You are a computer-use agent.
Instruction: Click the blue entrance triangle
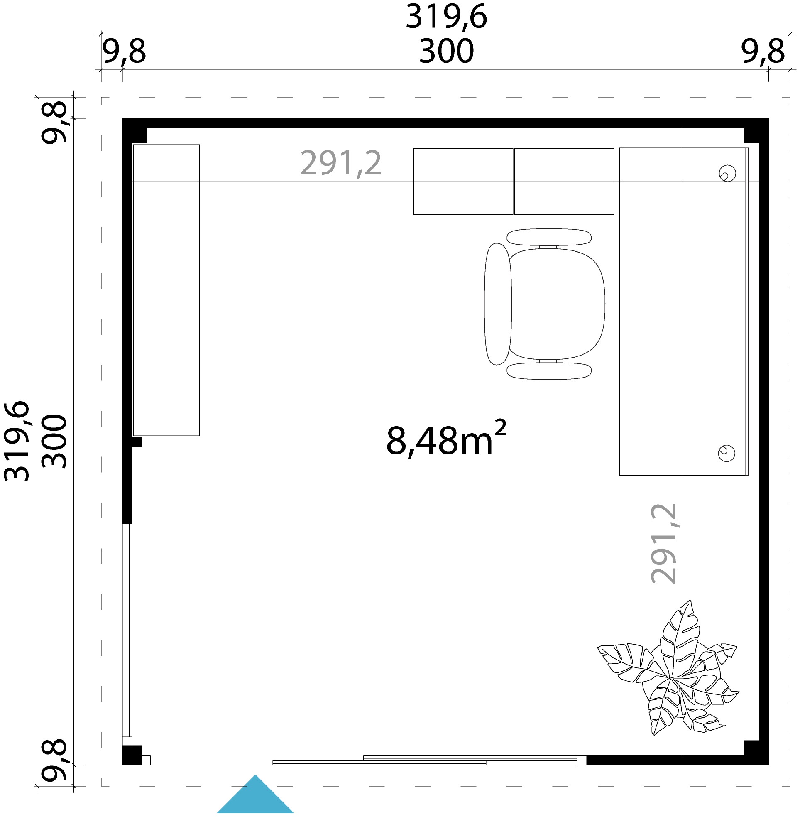tap(255, 795)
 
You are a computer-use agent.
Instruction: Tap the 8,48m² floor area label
tap(446, 439)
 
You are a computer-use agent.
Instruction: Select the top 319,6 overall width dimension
tap(446, 17)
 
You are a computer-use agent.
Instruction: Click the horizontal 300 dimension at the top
tap(447, 52)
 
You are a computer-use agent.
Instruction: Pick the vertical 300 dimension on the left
tap(54, 441)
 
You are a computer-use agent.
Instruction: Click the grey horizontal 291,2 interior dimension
tap(341, 164)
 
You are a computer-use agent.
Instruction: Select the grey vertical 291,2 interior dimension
tap(663, 544)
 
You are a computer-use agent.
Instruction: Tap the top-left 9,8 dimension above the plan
tap(124, 52)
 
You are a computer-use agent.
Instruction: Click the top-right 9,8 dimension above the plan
tap(763, 52)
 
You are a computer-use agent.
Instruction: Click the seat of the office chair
tap(557, 304)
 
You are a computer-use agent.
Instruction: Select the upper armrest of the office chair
tap(549, 237)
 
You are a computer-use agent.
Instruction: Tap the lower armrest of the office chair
tap(549, 371)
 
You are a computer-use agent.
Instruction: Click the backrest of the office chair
tap(498, 304)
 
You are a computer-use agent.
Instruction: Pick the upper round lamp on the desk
tap(727, 173)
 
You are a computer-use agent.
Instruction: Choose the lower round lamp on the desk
tap(727, 453)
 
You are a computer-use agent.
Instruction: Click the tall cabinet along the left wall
tap(166, 290)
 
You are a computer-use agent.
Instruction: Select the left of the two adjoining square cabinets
tap(463, 182)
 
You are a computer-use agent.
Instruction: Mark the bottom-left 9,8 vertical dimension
tap(54, 760)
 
